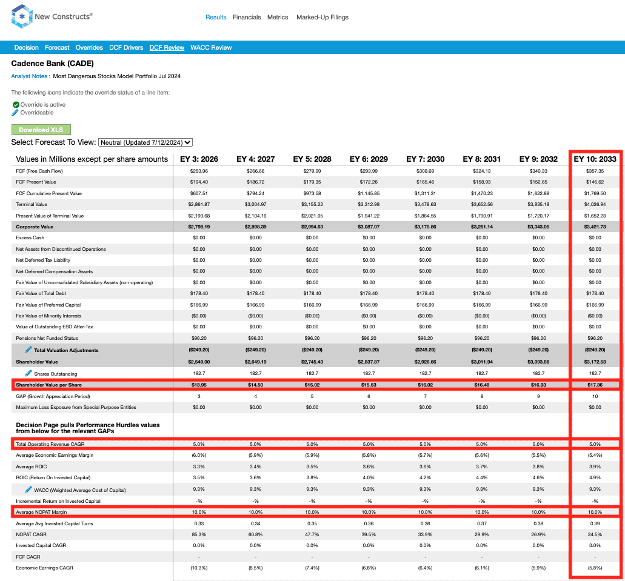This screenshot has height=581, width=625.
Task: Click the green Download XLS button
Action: click(41, 130)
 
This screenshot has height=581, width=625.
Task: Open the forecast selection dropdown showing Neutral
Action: click(145, 142)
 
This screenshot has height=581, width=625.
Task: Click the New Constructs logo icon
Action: click(21, 17)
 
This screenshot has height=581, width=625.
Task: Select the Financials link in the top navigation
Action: click(247, 18)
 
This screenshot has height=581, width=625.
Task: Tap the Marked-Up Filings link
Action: click(323, 18)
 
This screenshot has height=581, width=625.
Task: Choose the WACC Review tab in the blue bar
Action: click(211, 47)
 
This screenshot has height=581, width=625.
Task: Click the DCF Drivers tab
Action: click(126, 47)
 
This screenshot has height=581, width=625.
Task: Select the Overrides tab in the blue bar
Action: click(89, 47)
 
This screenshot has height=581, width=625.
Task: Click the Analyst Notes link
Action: click(29, 76)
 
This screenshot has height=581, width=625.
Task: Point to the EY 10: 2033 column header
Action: click(595, 159)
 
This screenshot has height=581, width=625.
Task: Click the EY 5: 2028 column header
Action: click(312, 159)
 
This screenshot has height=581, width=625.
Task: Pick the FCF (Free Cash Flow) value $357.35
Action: click(595, 171)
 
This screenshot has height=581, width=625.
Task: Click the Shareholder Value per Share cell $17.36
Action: click(595, 385)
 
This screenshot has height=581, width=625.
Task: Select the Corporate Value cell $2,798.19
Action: click(199, 227)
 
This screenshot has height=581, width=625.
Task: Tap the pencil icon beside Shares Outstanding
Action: click(28, 373)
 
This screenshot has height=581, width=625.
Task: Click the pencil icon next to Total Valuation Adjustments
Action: click(28, 350)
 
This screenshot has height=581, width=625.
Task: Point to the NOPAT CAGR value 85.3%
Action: click(199, 534)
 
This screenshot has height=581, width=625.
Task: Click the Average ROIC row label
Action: click(32, 467)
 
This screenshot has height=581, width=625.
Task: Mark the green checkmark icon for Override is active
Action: click(16, 105)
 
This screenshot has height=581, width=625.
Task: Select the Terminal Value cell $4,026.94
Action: click(595, 204)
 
